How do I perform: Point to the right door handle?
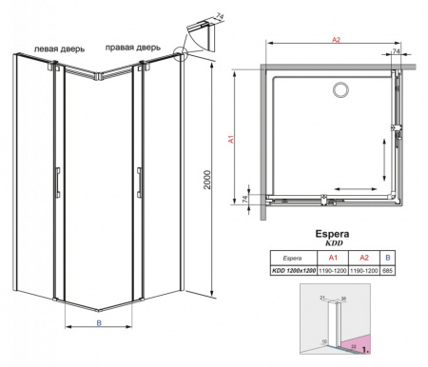click(x=139, y=182)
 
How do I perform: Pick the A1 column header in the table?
click(x=333, y=258)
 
